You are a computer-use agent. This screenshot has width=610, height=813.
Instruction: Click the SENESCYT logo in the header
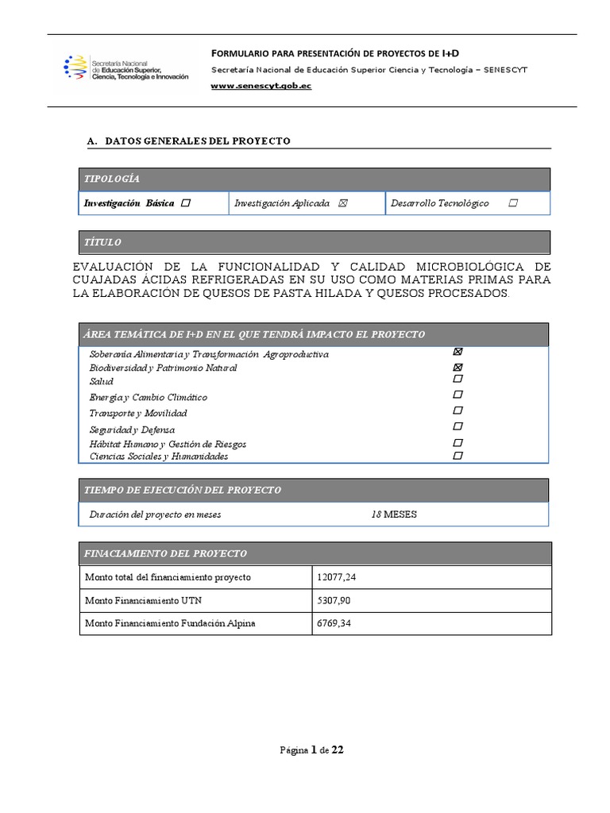[x=125, y=69]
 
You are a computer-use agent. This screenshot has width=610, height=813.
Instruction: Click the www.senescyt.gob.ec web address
[x=261, y=86]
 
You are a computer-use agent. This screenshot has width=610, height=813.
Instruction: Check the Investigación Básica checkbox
[x=186, y=203]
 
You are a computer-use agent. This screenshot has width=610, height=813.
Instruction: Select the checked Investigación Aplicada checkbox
[x=342, y=203]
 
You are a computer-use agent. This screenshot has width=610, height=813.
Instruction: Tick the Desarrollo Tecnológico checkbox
[x=513, y=203]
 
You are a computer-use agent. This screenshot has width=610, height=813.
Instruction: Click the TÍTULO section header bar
[x=314, y=242]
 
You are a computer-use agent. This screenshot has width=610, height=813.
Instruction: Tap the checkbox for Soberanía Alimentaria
[x=457, y=352]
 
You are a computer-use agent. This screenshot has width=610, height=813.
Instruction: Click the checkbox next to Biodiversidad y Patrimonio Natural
[x=457, y=367]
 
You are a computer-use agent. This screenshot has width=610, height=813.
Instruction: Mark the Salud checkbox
[x=457, y=380]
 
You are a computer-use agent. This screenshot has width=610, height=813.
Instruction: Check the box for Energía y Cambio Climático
[x=457, y=395]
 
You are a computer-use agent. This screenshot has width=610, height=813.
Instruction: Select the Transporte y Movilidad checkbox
[x=457, y=410]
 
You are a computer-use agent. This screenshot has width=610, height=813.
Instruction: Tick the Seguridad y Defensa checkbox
[x=457, y=427]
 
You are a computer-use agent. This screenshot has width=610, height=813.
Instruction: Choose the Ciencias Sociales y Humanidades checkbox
[x=457, y=456]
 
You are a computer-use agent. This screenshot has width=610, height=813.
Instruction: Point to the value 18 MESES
[x=394, y=514]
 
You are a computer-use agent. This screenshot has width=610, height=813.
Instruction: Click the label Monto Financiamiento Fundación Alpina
[x=170, y=623]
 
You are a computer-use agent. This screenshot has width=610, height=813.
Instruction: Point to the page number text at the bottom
[x=311, y=749]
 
